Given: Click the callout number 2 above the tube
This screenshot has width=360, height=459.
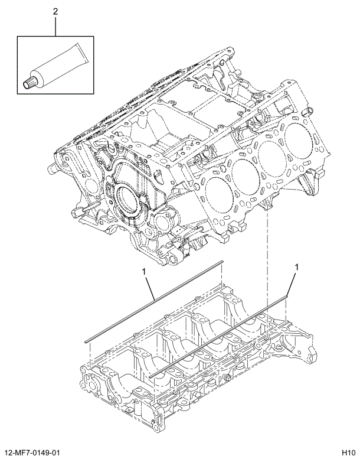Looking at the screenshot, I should pos(56,12).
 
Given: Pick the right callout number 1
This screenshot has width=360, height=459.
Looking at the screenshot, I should pos(296,266).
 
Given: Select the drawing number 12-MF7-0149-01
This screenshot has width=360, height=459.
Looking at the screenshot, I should pos(37,452).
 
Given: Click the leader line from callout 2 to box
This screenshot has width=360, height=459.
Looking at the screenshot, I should pos(56,27).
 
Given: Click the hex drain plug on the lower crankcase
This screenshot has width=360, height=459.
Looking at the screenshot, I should pos(225,377).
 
